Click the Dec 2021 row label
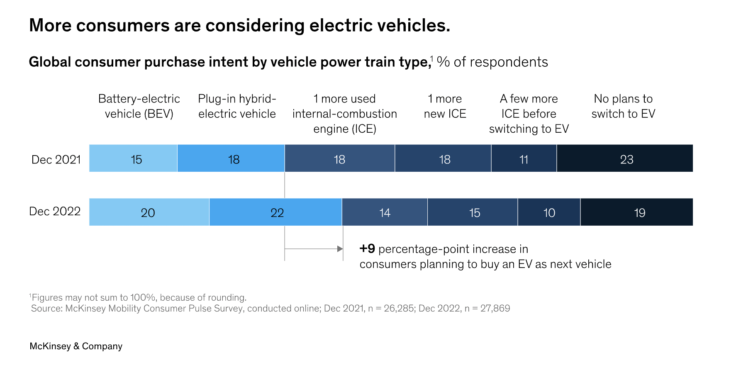point(56,160)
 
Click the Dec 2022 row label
point(55,212)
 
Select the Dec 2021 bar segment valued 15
point(133,158)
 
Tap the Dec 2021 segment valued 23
point(625,158)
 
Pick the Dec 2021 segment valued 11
point(524,158)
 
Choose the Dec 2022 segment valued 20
point(149,212)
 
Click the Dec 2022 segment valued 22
point(276,212)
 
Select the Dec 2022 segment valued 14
point(385,212)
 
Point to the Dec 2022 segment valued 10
point(549,212)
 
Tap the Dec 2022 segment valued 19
point(637,212)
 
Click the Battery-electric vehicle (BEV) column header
point(139,106)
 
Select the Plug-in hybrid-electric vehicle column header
point(237,106)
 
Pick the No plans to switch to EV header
point(623,106)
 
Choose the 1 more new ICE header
point(445,106)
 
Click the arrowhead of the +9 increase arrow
point(340,249)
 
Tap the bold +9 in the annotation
point(367,248)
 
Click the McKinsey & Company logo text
point(76,346)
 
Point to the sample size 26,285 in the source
point(399,309)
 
